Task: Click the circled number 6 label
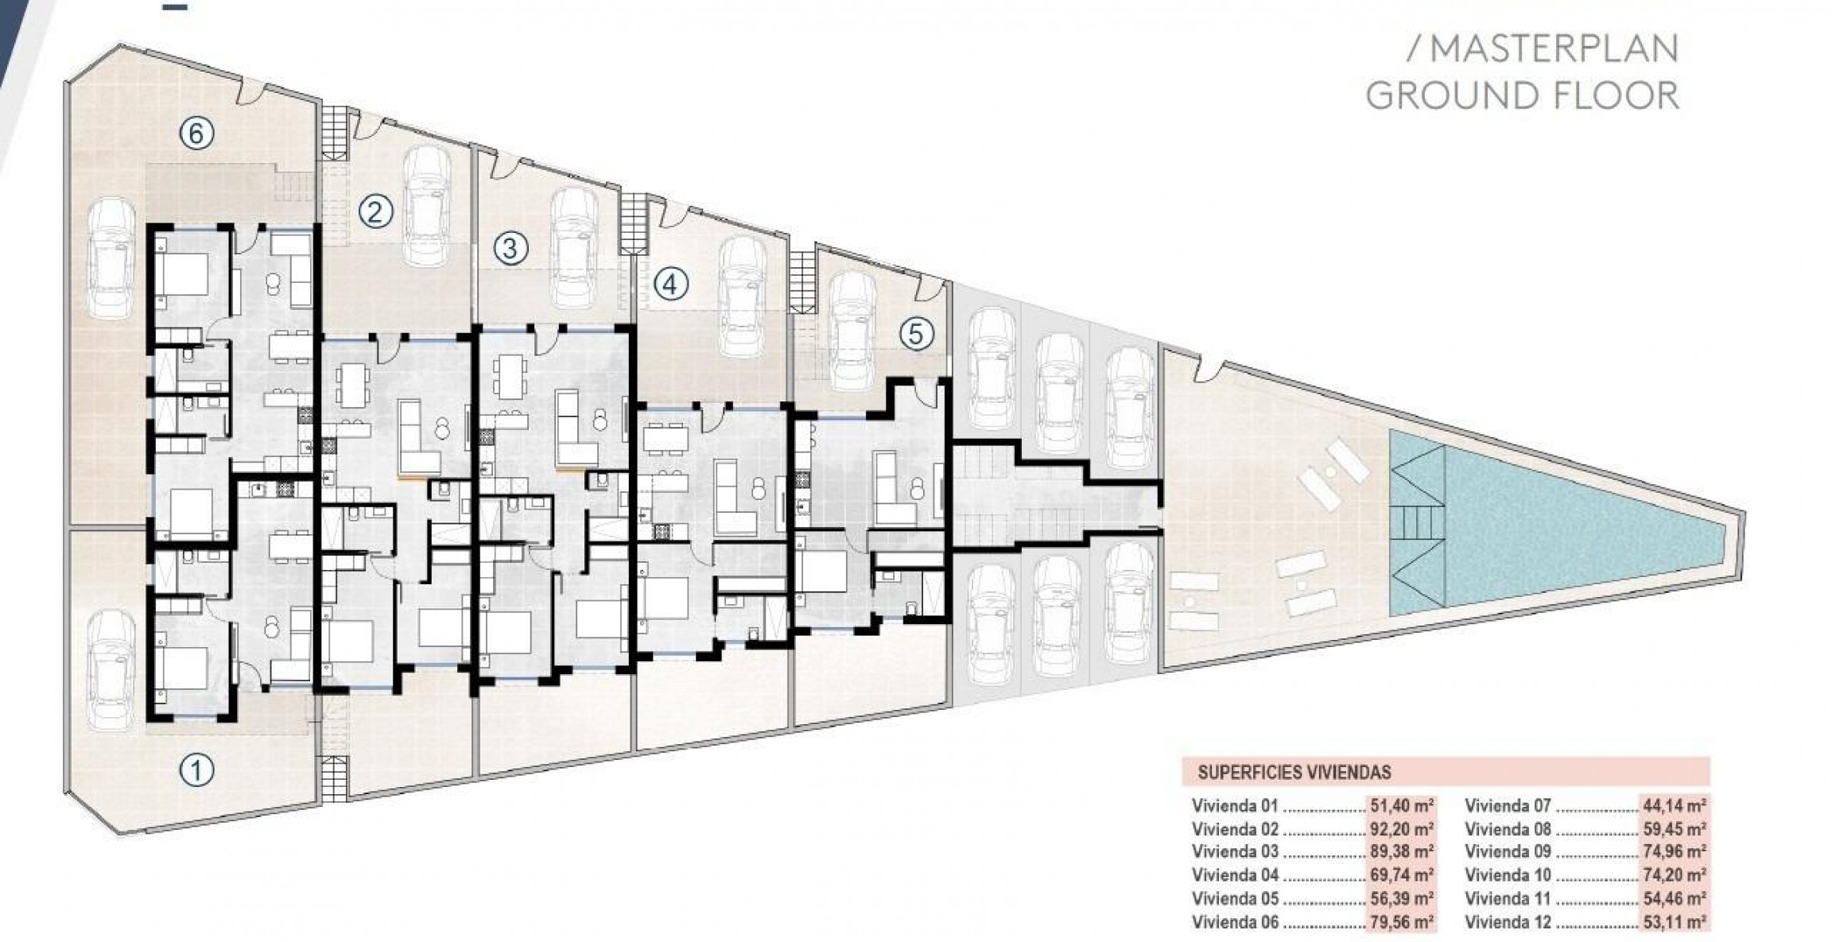[196, 134]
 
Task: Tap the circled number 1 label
[196, 769]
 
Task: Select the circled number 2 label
[376, 211]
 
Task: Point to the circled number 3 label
[510, 248]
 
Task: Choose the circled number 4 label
[670, 284]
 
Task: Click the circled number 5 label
[916, 335]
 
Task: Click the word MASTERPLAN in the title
[1554, 49]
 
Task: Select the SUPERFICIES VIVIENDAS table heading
[1294, 772]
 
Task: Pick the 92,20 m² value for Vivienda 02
[1402, 829]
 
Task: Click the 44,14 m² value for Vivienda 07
[1674, 805]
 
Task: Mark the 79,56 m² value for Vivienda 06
[1402, 922]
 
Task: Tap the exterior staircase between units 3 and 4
[635, 224]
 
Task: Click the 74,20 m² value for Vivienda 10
[1674, 875]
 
